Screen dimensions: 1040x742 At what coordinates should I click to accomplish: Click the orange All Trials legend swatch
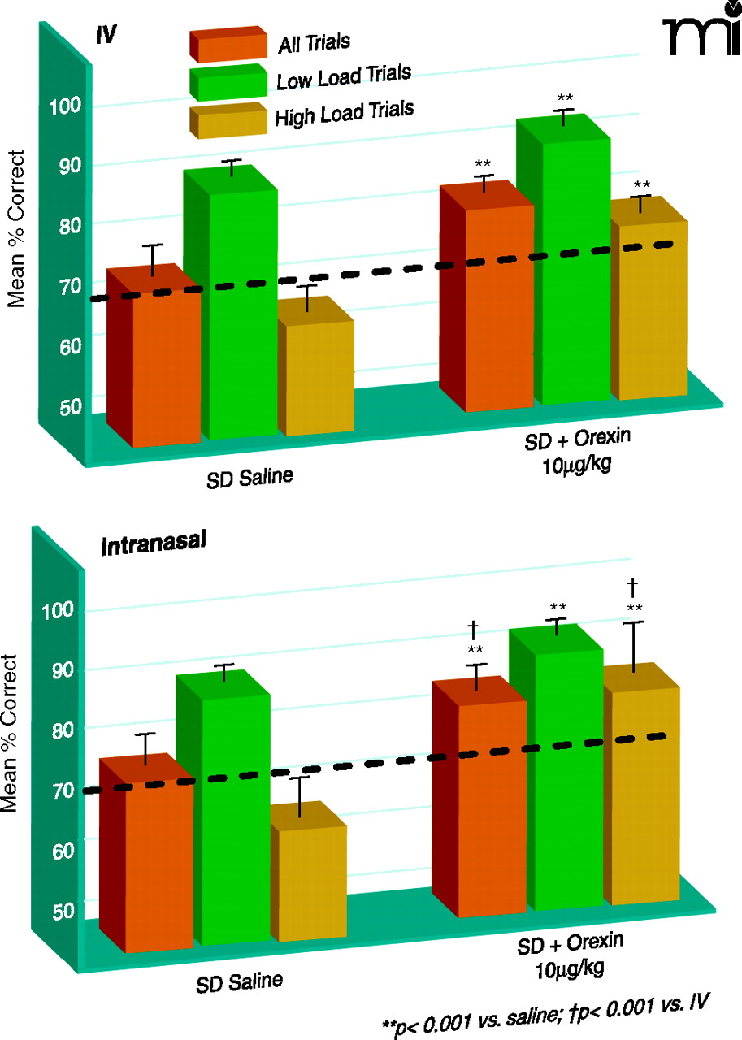[x=228, y=46]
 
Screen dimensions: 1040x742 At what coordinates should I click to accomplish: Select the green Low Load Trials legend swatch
[x=228, y=82]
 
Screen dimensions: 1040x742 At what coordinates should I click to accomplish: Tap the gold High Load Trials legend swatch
[x=228, y=120]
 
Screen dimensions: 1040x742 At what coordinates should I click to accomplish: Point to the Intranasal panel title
[x=153, y=545]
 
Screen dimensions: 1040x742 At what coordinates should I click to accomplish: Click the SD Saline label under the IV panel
[x=249, y=474]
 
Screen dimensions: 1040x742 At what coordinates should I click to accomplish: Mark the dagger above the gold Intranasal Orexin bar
[x=632, y=585]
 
